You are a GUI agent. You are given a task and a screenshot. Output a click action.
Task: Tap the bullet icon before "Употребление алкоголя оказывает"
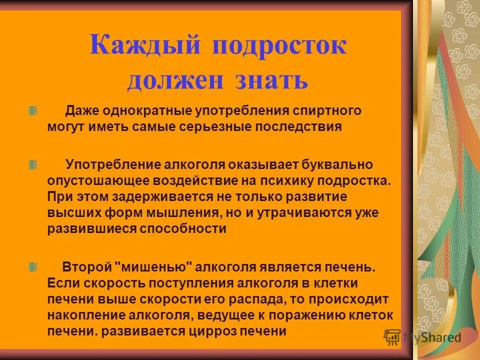point(33,165)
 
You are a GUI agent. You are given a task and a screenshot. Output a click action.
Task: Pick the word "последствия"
point(299,126)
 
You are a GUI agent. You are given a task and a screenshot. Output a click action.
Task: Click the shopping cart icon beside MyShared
point(392,337)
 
